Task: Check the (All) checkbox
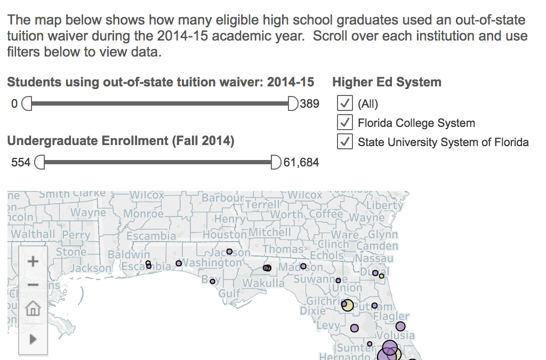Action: (345, 103)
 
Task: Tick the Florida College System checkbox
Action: (345, 123)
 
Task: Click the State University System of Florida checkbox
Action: (345, 142)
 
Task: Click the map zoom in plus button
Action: (33, 261)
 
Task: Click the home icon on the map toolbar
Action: (33, 308)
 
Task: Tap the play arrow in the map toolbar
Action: (33, 339)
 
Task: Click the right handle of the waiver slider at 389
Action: (293, 103)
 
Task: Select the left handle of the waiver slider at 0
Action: (27, 103)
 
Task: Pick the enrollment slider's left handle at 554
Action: (39, 162)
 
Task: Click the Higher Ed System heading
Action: (387, 82)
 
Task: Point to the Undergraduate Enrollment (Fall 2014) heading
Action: (121, 141)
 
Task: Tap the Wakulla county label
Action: (263, 283)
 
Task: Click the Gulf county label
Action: (230, 293)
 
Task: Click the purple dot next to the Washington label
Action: (179, 263)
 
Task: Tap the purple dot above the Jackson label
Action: (229, 252)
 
